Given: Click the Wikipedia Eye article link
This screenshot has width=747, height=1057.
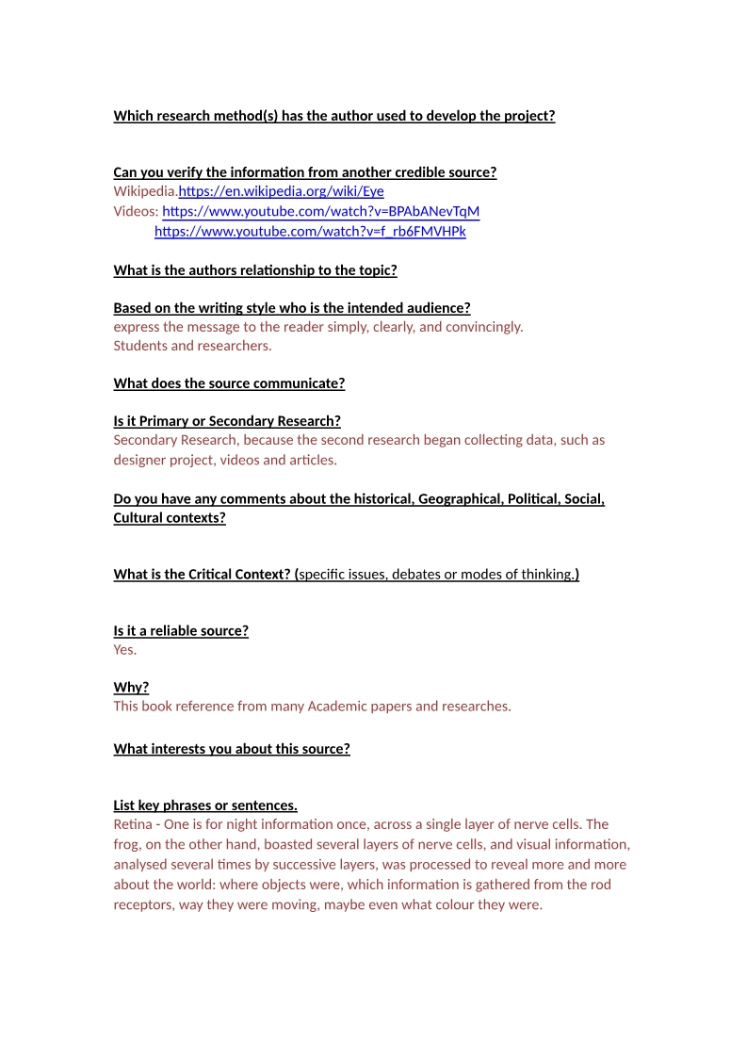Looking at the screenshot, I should tap(281, 191).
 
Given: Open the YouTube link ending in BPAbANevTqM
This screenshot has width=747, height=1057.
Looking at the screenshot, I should tap(320, 211).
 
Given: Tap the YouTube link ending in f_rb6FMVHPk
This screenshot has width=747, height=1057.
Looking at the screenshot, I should tap(310, 231).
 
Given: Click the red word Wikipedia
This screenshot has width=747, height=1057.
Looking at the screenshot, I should tap(145, 191).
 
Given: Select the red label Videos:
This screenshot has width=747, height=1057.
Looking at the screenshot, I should tap(136, 211).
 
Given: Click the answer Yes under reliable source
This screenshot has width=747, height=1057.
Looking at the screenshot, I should tap(124, 649).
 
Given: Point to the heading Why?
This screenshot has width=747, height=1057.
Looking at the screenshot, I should tap(131, 687).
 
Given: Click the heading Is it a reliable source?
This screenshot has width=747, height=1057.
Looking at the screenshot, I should tap(181, 630).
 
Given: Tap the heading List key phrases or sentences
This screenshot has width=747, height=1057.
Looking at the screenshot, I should tap(205, 805).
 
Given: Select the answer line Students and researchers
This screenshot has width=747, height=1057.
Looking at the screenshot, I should tap(192, 345).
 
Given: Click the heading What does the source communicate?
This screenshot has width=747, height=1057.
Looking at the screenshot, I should tap(229, 382).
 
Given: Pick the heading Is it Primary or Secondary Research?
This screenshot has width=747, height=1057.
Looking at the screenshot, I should tap(227, 420).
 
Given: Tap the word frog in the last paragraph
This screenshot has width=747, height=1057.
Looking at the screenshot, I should tap(126, 843).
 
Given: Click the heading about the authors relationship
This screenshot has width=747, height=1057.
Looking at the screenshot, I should tap(255, 270).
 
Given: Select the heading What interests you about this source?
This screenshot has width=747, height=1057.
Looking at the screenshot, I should tap(232, 749).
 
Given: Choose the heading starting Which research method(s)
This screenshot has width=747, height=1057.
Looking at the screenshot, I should tap(334, 116).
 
